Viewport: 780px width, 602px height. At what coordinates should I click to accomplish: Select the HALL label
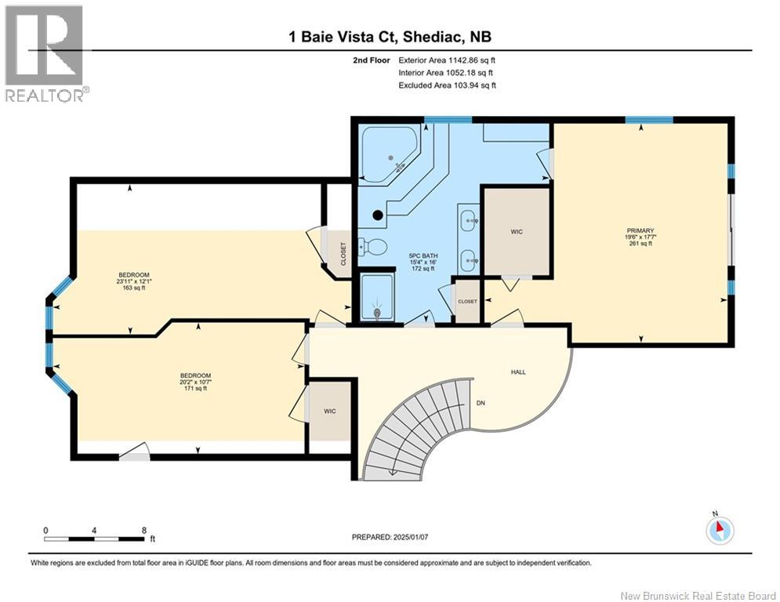518,372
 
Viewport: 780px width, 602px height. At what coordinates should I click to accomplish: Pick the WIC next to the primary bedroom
517,232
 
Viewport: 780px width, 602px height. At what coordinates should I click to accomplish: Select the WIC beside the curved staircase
330,411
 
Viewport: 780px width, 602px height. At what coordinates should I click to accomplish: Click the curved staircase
415,427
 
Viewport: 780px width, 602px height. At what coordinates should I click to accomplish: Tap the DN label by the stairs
481,404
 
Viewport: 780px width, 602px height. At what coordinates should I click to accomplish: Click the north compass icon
719,530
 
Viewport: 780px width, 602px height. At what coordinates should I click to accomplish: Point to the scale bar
95,539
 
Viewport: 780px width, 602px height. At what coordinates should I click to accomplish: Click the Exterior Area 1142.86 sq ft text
447,60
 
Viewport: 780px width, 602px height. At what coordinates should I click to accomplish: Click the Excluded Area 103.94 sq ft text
447,85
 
